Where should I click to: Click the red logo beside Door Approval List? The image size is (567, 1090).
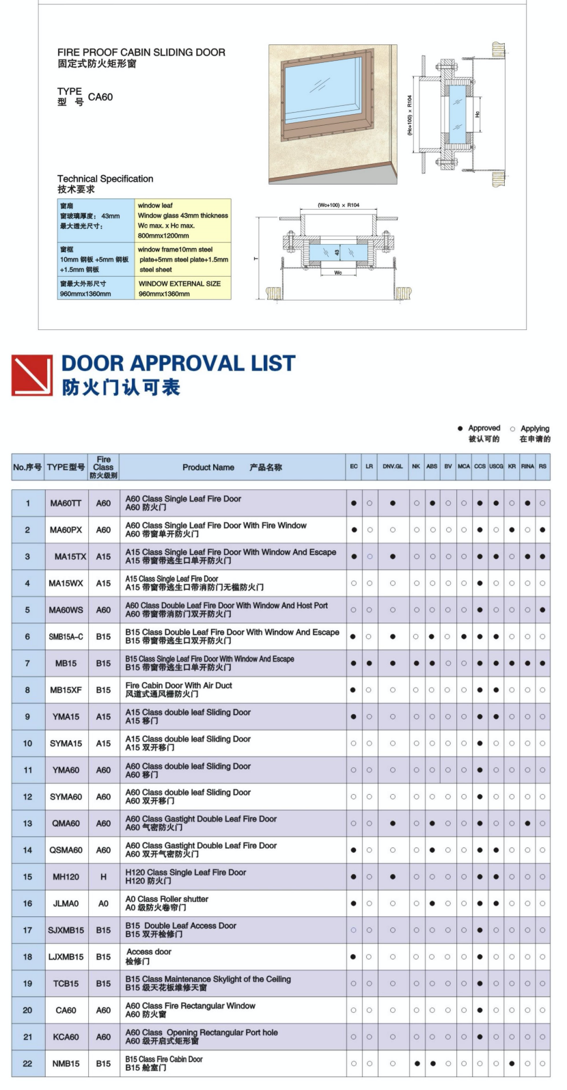[32, 375]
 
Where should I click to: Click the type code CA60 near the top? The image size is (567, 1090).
[100, 97]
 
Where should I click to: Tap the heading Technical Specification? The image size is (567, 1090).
[105, 179]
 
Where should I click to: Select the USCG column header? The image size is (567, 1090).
[496, 467]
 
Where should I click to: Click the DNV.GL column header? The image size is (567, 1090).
[393, 467]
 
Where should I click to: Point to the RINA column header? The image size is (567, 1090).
[527, 467]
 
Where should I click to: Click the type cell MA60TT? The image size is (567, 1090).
[66, 504]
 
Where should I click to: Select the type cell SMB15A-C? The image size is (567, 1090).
[66, 637]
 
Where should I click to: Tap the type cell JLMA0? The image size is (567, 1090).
[66, 903]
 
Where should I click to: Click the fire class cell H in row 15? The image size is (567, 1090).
[103, 877]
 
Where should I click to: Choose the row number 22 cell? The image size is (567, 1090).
[27, 1063]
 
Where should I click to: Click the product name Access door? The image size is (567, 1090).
[149, 952]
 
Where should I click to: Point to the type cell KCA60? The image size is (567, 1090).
[66, 1037]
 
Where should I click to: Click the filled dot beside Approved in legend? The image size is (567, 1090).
[460, 428]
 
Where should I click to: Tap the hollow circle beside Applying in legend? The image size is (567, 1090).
[512, 429]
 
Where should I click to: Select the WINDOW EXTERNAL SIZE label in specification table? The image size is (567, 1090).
[180, 284]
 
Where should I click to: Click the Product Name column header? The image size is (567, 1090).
[208, 467]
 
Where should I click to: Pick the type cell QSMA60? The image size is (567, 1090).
[66, 850]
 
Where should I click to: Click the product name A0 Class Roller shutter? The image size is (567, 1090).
[167, 899]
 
